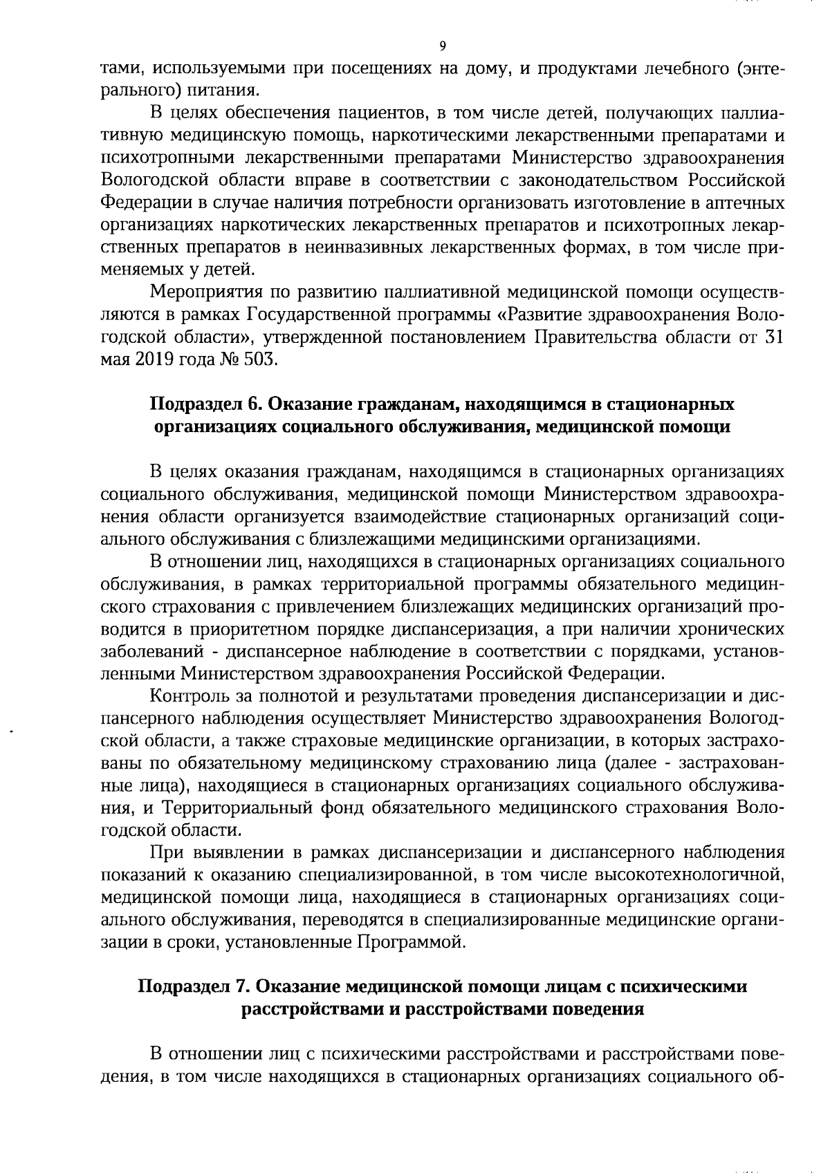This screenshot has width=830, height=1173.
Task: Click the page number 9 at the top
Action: coord(443,46)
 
